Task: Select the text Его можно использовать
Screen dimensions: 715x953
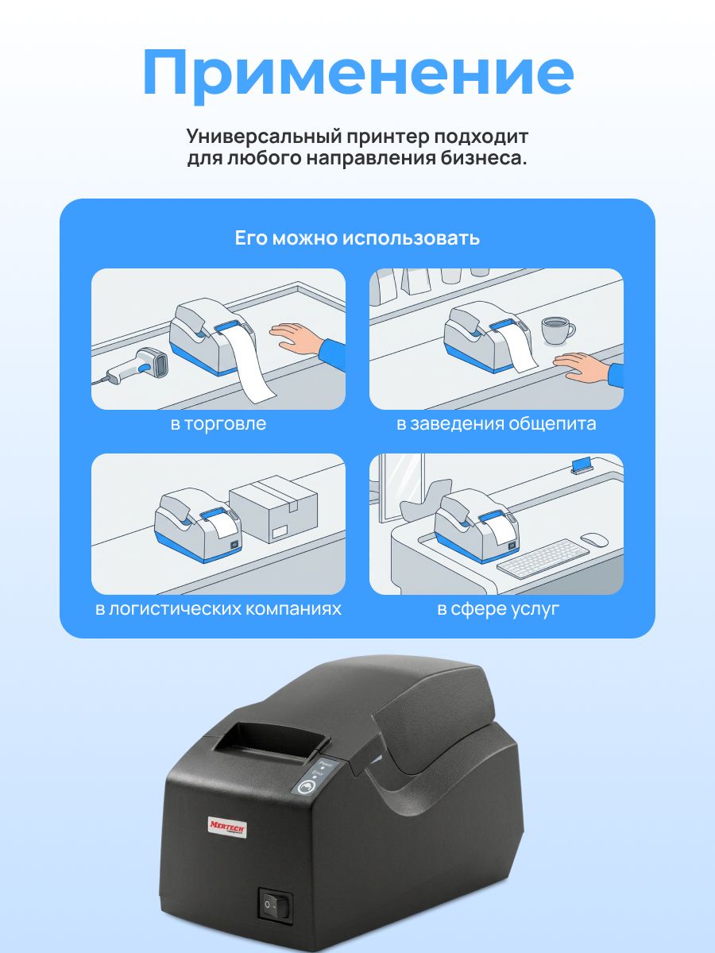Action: click(357, 238)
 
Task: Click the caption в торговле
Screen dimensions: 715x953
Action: click(218, 424)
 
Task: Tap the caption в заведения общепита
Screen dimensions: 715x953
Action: click(497, 424)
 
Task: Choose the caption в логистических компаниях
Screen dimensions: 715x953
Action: click(218, 608)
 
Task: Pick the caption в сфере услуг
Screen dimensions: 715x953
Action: click(498, 608)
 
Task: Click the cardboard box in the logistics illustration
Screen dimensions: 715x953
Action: click(274, 509)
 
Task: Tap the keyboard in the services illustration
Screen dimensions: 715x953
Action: click(543, 558)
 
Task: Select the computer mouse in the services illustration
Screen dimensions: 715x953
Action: click(594, 540)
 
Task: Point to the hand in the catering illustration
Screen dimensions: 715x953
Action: click(587, 368)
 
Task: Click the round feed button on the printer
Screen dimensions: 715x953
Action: click(307, 786)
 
